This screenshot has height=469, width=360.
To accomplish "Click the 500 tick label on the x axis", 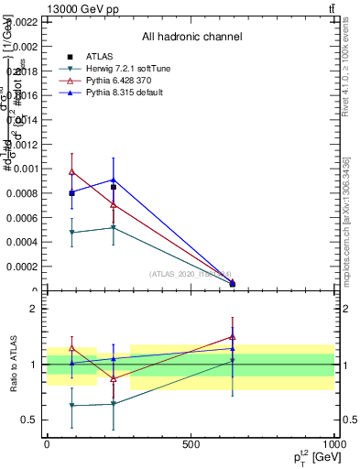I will (x=191, y=444).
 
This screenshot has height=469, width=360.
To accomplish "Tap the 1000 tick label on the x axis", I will (x=333, y=444).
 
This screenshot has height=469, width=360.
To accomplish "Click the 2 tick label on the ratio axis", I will (x=33, y=309).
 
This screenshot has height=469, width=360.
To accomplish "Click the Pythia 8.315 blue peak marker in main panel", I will (x=113, y=180).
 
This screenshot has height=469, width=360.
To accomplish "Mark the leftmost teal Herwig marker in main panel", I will (x=71, y=233).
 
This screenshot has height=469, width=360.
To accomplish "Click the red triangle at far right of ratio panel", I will (x=233, y=336).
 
